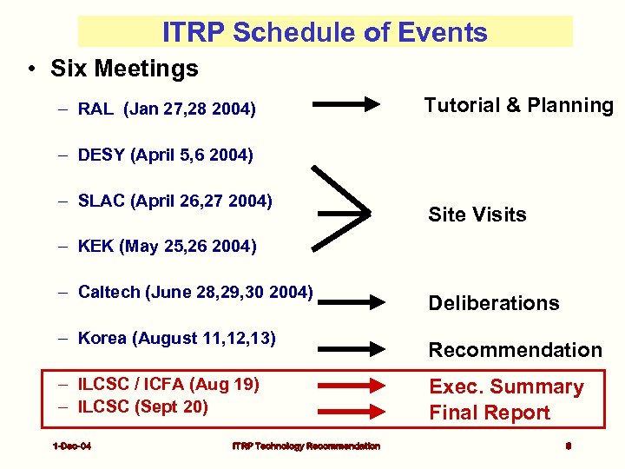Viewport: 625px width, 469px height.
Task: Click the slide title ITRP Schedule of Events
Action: [x=325, y=32]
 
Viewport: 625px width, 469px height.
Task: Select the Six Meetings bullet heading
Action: [x=124, y=68]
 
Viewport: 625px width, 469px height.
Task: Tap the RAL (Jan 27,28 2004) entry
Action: [x=166, y=109]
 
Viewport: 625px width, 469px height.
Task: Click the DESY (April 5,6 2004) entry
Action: [x=165, y=155]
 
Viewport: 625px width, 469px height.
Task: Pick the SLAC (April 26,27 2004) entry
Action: [x=174, y=201]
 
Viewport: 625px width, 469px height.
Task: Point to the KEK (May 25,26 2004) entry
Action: [x=167, y=247]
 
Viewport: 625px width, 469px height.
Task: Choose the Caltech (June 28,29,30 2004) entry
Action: [x=194, y=292]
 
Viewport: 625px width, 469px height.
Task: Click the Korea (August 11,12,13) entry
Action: [x=176, y=338]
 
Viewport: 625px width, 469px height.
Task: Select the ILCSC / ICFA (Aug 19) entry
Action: [x=168, y=384]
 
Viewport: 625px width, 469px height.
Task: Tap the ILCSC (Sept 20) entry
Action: [x=142, y=406]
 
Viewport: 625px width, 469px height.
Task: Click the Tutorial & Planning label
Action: [x=518, y=106]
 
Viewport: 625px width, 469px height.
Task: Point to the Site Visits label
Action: [x=477, y=215]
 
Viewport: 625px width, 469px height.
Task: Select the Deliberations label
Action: [x=493, y=303]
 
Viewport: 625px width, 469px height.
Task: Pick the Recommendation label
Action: [x=515, y=350]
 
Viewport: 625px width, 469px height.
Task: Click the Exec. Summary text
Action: [x=506, y=387]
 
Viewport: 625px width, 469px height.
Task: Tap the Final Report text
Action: [x=490, y=413]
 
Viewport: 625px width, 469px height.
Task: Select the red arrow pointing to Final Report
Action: [x=352, y=412]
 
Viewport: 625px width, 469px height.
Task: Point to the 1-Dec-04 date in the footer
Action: [x=72, y=446]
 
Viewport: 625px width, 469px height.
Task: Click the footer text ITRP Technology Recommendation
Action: [x=306, y=446]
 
